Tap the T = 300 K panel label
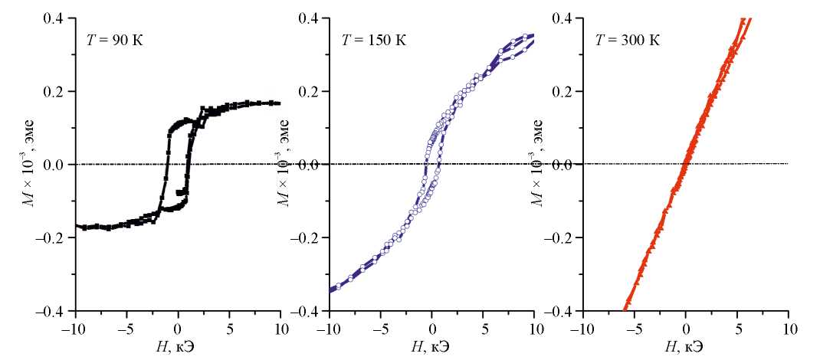(624, 39)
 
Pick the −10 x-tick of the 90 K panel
(73, 327)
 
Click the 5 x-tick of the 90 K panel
(229, 327)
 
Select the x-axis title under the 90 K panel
(177, 345)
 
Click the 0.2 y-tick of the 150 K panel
(310, 91)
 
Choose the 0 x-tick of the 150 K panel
(431, 327)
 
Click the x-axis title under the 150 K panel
(431, 345)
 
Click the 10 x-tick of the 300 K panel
(787, 327)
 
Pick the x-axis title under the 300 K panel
(685, 345)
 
